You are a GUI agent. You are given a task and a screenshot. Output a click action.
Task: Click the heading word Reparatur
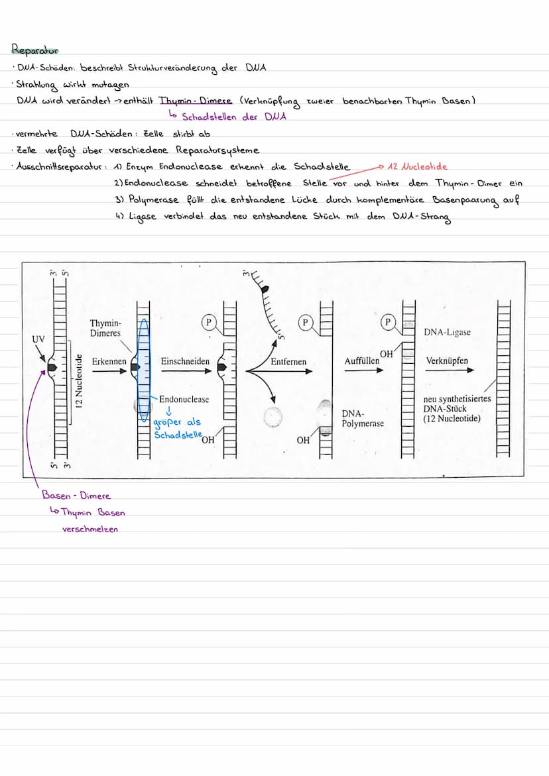point(35,50)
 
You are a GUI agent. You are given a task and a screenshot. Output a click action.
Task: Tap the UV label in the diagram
point(38,339)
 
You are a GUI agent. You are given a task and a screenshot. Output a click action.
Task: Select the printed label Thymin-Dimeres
point(105,328)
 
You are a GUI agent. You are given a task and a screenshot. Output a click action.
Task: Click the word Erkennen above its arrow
point(109,361)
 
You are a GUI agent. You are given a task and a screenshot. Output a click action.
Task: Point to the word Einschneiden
point(185,361)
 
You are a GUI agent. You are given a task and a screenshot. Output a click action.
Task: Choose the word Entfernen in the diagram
point(288,361)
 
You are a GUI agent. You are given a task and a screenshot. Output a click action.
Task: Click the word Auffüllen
point(361,361)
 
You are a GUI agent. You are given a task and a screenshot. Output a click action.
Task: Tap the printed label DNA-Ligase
point(448,332)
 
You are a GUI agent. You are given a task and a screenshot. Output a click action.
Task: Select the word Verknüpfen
point(447,361)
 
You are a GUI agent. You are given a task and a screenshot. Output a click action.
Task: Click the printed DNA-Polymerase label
point(363,418)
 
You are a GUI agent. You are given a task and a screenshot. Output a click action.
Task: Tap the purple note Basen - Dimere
point(76,496)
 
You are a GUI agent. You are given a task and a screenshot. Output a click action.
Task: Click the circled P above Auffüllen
point(387,322)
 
